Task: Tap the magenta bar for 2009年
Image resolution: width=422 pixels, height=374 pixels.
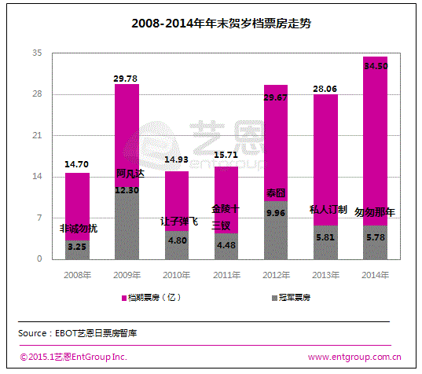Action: (x=127, y=126)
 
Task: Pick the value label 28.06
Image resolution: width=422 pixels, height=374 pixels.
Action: (x=325, y=89)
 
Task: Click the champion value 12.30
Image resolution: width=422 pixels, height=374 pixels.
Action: (x=127, y=189)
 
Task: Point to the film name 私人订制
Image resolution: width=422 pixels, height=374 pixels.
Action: (x=325, y=210)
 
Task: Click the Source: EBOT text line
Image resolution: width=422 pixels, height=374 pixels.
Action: (x=79, y=333)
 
